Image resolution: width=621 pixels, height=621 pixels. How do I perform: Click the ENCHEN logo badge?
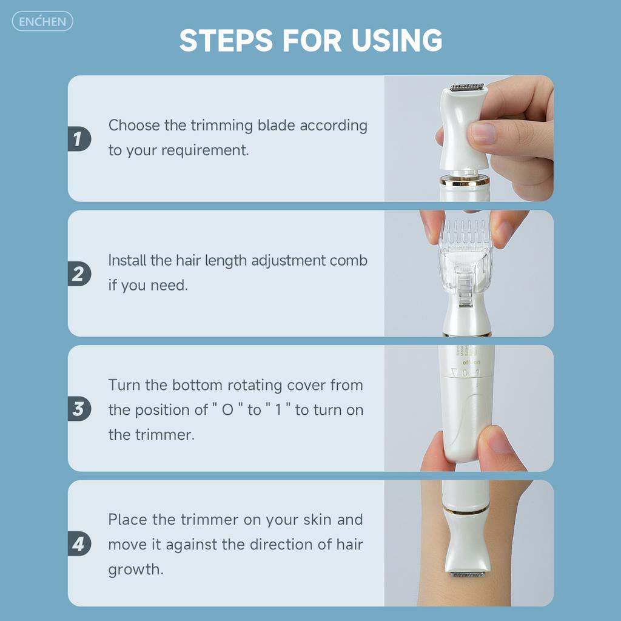43,21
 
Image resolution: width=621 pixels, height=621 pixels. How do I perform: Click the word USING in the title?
397,41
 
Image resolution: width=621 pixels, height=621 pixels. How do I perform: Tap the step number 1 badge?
79,139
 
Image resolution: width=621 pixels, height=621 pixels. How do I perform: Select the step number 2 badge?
79,274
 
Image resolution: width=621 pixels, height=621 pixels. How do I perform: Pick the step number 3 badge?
79,409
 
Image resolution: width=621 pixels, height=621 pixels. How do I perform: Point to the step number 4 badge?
79,544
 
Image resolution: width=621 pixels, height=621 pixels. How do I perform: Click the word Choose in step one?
134,126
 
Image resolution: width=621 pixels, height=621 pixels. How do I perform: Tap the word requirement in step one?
205,151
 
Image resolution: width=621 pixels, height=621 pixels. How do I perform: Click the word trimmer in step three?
164,435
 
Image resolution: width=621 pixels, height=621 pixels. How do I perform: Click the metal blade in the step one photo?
466,87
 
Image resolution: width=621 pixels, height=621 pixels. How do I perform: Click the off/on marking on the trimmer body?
471,362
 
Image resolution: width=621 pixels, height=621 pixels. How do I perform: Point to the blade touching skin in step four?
468,574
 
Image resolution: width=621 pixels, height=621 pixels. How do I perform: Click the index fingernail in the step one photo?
483,133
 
